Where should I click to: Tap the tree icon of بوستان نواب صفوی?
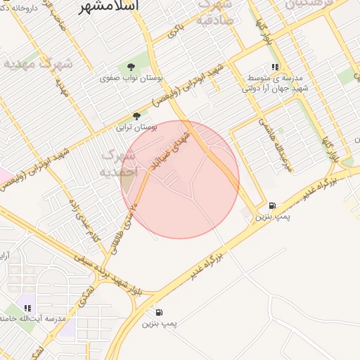point(131,67)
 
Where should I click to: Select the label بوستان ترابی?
point(136,128)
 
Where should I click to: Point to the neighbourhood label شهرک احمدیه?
point(117,162)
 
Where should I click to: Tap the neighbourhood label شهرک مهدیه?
point(38,63)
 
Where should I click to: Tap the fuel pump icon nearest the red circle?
point(271,206)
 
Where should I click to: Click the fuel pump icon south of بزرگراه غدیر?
point(159,312)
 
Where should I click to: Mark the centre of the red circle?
point(180,179)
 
